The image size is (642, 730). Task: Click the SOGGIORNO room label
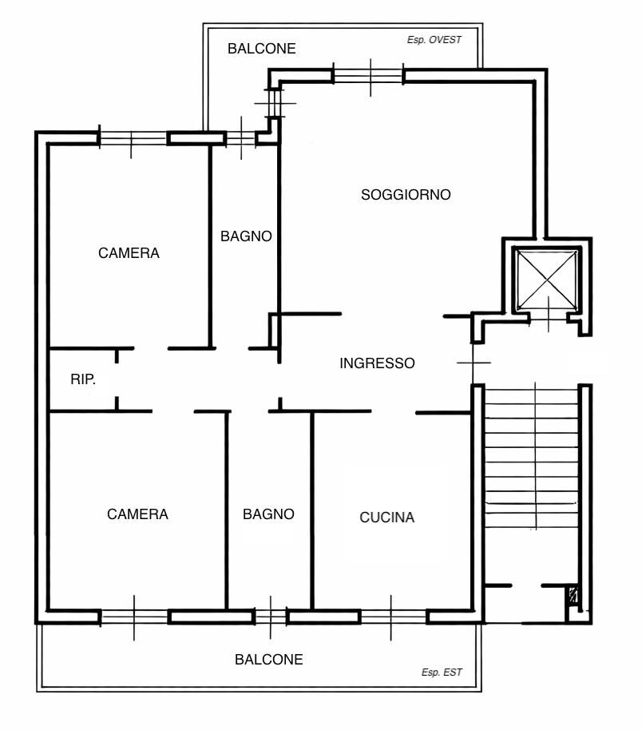coord(406,195)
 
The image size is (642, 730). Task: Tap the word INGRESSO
coord(377,363)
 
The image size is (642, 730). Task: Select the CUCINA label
coord(386,518)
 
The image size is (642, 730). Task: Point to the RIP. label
coord(83,379)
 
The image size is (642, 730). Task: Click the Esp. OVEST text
coord(434,40)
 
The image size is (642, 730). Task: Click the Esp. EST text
coord(442,672)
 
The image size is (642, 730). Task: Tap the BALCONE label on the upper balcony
coord(262,49)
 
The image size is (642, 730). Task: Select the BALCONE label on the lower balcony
coord(268,659)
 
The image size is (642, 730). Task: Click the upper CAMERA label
coord(129,253)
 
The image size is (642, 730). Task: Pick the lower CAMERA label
coord(137,514)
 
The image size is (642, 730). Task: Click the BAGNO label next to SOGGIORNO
coord(246,236)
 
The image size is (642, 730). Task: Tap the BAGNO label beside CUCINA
coord(268,514)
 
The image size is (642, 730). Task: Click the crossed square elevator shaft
coord(547,280)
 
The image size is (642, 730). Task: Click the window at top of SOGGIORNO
coord(368,76)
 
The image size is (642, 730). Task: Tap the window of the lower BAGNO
coord(271,617)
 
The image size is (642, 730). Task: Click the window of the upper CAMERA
coord(133,138)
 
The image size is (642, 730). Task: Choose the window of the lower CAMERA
coord(134,617)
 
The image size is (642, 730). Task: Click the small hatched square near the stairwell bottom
coord(573,596)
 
